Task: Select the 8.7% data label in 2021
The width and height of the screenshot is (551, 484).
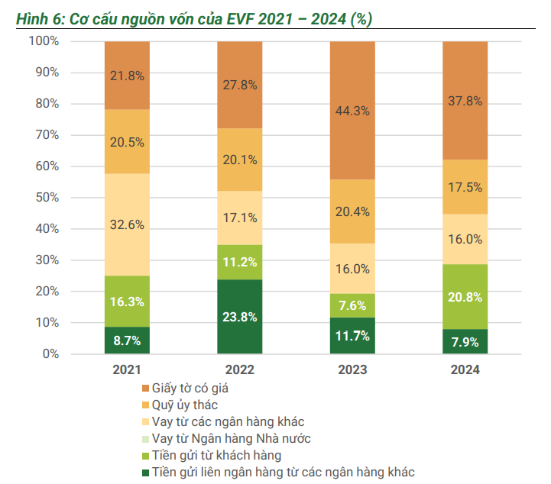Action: [x=127, y=341]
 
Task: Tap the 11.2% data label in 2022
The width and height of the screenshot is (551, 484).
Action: [x=239, y=262]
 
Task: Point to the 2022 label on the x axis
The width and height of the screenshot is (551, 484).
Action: [x=239, y=370]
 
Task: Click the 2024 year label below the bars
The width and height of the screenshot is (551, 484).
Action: [x=465, y=370]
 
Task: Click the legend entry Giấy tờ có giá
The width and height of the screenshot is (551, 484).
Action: [x=190, y=388]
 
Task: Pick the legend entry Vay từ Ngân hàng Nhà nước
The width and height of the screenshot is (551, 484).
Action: [x=231, y=438]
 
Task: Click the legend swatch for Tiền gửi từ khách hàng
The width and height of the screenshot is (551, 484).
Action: [x=145, y=456]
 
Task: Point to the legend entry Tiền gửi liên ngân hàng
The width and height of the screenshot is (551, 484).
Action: [x=283, y=472]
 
